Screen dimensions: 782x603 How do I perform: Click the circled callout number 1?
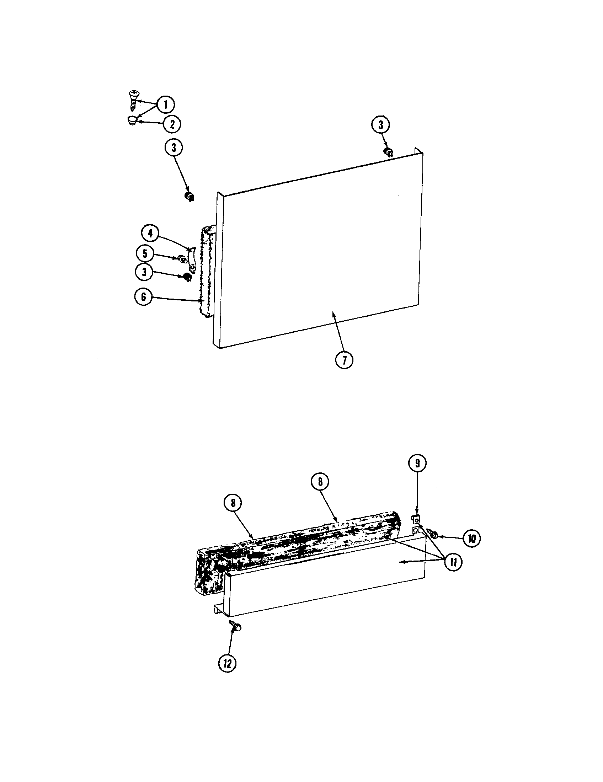(165, 105)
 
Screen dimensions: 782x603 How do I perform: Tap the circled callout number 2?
(172, 124)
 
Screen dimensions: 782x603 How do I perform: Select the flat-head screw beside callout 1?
(133, 100)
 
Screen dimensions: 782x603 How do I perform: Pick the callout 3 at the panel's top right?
(381, 125)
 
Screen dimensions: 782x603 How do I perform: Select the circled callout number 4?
(150, 234)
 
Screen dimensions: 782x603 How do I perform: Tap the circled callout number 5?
(145, 253)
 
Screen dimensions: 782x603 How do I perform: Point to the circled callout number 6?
(144, 297)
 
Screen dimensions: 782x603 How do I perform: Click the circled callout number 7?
(344, 360)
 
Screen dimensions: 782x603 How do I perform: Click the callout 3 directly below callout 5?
(144, 272)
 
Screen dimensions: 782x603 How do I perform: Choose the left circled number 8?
(233, 503)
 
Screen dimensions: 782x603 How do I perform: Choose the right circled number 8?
(320, 482)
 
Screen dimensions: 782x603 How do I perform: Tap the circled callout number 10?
(472, 538)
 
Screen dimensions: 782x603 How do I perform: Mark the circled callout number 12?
(228, 664)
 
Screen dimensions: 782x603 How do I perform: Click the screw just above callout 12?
(236, 626)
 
